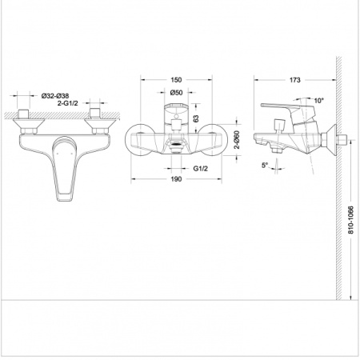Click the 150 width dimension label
tap(176, 80)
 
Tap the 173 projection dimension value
tap(295, 80)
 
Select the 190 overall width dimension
tap(176, 179)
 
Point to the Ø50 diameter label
tap(176, 93)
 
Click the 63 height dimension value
tap(196, 118)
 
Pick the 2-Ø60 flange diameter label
tap(237, 139)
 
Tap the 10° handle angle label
tap(318, 101)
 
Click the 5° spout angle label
tap(265, 166)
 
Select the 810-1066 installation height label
tap(351, 220)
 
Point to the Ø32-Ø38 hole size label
tap(55, 96)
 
